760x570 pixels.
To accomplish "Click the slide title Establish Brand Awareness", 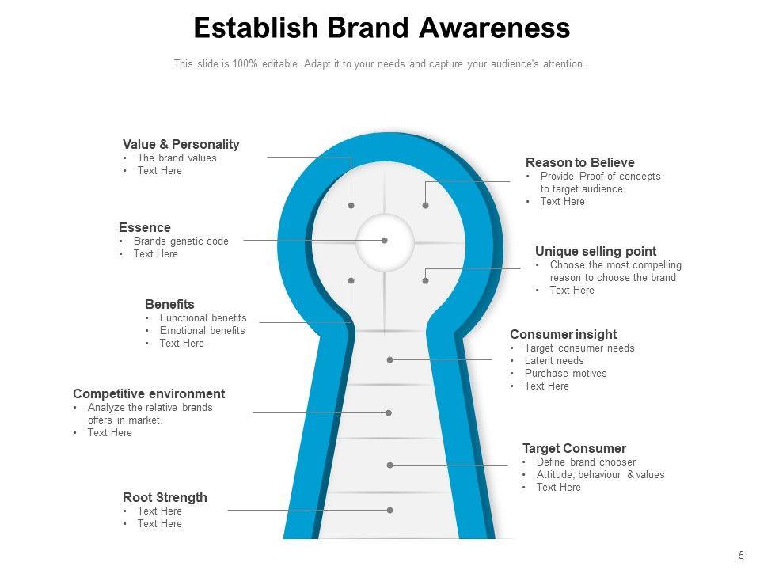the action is (x=382, y=28).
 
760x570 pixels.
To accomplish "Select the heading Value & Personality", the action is (x=180, y=144).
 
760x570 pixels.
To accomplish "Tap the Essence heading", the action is (x=144, y=227).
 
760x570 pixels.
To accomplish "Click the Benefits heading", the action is (x=169, y=304).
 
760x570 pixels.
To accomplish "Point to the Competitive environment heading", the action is (x=149, y=393).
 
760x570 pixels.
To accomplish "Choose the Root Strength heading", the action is (x=165, y=497).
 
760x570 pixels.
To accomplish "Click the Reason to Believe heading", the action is (x=579, y=162).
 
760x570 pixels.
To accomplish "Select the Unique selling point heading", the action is (x=595, y=251).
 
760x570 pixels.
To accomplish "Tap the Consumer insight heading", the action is (x=563, y=334).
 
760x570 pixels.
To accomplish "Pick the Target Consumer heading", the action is (x=574, y=448).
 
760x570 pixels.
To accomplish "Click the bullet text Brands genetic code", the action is (x=180, y=241).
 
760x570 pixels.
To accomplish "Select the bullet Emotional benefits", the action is (x=202, y=330).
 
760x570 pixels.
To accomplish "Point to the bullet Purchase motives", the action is (x=565, y=373).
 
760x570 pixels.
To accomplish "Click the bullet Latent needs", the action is (x=553, y=360).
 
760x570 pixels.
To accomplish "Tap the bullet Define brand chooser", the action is (x=586, y=462).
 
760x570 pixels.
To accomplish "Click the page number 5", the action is (x=740, y=555).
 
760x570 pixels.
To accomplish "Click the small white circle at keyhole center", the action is (x=385, y=241).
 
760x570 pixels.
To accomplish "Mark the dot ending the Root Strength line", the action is (x=390, y=511).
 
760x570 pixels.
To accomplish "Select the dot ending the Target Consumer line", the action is (x=390, y=465).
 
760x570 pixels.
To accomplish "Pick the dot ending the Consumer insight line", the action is (x=390, y=359).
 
